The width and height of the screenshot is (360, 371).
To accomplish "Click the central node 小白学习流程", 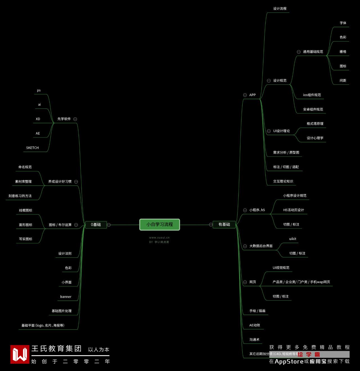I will [159, 225].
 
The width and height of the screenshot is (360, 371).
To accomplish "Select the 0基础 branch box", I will [96, 225].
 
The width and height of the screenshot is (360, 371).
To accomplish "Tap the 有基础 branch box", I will [224, 224].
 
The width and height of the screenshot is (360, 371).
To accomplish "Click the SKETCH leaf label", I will [32, 148].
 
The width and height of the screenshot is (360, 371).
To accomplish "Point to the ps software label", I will [39, 91].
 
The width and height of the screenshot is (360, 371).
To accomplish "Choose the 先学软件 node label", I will [64, 119].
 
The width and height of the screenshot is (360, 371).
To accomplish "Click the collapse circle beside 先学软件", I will [75, 119].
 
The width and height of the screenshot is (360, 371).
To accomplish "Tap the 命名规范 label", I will [25, 167].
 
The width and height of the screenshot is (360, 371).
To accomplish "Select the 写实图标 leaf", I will [26, 239].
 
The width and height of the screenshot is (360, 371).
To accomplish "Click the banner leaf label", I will [66, 297].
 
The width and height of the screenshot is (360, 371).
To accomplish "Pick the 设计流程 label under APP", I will [280, 9].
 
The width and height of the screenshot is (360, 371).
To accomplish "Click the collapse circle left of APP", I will [245, 95].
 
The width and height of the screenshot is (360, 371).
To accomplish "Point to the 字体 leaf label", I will [343, 23].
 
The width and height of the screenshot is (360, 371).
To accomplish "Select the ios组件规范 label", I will [312, 95].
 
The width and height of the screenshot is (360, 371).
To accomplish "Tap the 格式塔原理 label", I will [315, 124].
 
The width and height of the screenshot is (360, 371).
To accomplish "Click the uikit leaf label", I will [292, 239].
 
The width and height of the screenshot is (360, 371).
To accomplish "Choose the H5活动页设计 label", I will [293, 210].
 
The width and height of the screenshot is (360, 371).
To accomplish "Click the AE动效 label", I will [255, 325].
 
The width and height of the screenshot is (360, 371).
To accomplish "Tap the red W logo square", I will [20, 354].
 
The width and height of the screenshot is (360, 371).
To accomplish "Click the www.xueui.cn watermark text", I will [159, 238].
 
